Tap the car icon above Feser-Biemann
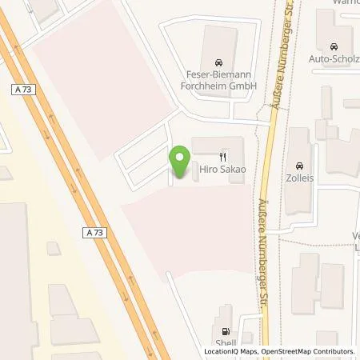coord(217,61)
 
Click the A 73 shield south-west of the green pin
coord(94,232)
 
